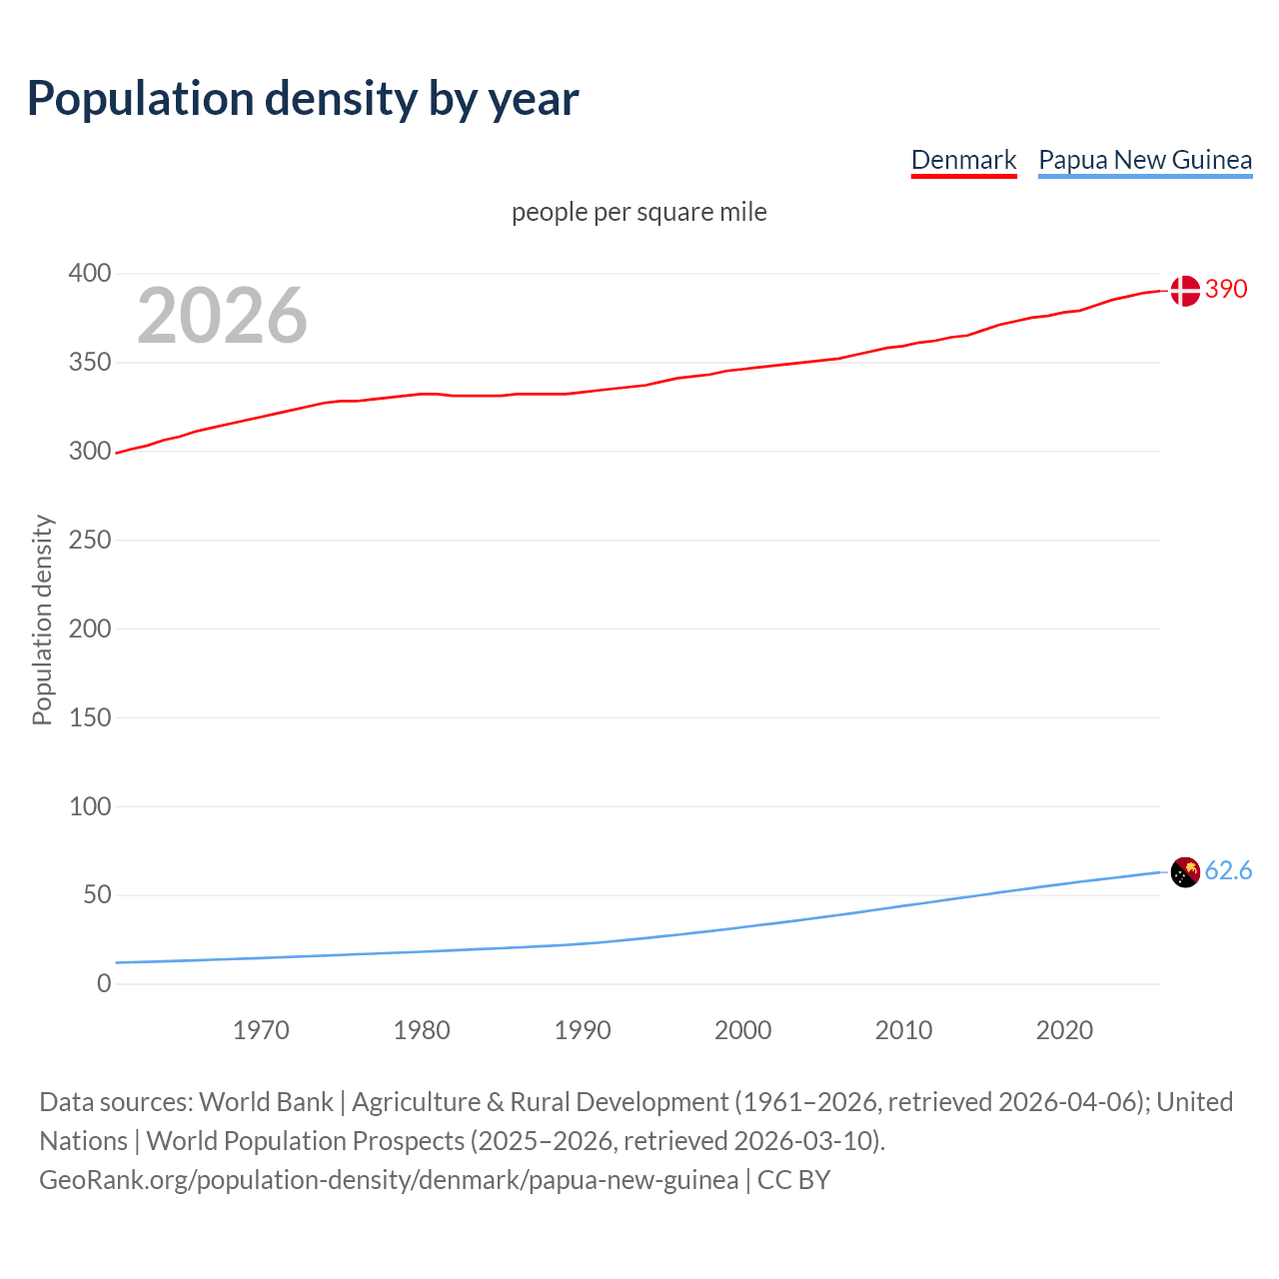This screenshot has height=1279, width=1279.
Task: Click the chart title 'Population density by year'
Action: click(303, 99)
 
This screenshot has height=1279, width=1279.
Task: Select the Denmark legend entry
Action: click(963, 160)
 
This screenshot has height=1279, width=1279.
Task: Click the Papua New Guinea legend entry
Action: click(1145, 160)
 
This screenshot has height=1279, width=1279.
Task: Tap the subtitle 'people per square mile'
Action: click(639, 212)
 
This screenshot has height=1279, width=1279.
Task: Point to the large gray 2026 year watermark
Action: click(222, 316)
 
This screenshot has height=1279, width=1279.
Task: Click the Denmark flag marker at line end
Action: click(1184, 291)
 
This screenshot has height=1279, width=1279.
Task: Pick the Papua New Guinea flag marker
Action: click(1184, 872)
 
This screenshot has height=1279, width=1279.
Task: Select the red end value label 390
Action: click(1226, 289)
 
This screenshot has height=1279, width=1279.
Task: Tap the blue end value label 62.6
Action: click(1228, 871)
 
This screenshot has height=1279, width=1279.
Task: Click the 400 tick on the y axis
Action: click(90, 273)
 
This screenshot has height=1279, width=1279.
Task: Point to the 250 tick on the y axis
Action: click(90, 540)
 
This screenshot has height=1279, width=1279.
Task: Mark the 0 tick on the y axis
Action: click(104, 983)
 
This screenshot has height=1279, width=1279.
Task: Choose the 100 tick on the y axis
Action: click(90, 806)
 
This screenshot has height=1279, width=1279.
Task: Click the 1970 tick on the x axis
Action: click(261, 1030)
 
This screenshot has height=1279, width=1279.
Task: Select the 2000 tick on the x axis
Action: click(742, 1030)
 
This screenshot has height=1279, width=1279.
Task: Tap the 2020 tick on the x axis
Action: click(1064, 1030)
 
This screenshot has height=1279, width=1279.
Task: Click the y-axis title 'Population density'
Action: click(42, 620)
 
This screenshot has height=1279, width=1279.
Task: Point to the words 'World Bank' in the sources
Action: click(266, 1102)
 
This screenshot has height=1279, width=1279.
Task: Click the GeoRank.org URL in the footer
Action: click(389, 1180)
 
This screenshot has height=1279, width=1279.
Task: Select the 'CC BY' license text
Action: click(793, 1180)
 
